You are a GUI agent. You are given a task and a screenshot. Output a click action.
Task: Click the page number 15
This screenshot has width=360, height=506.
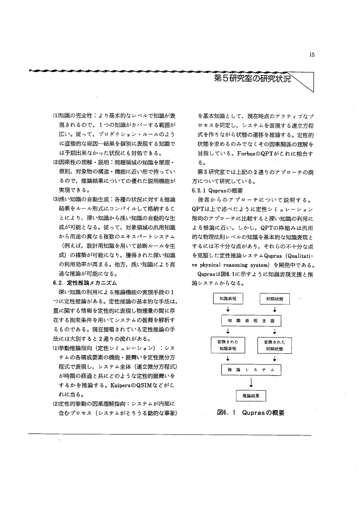(x=312, y=55)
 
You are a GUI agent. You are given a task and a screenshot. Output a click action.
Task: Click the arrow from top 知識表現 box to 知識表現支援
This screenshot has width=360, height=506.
(x=228, y=309)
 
